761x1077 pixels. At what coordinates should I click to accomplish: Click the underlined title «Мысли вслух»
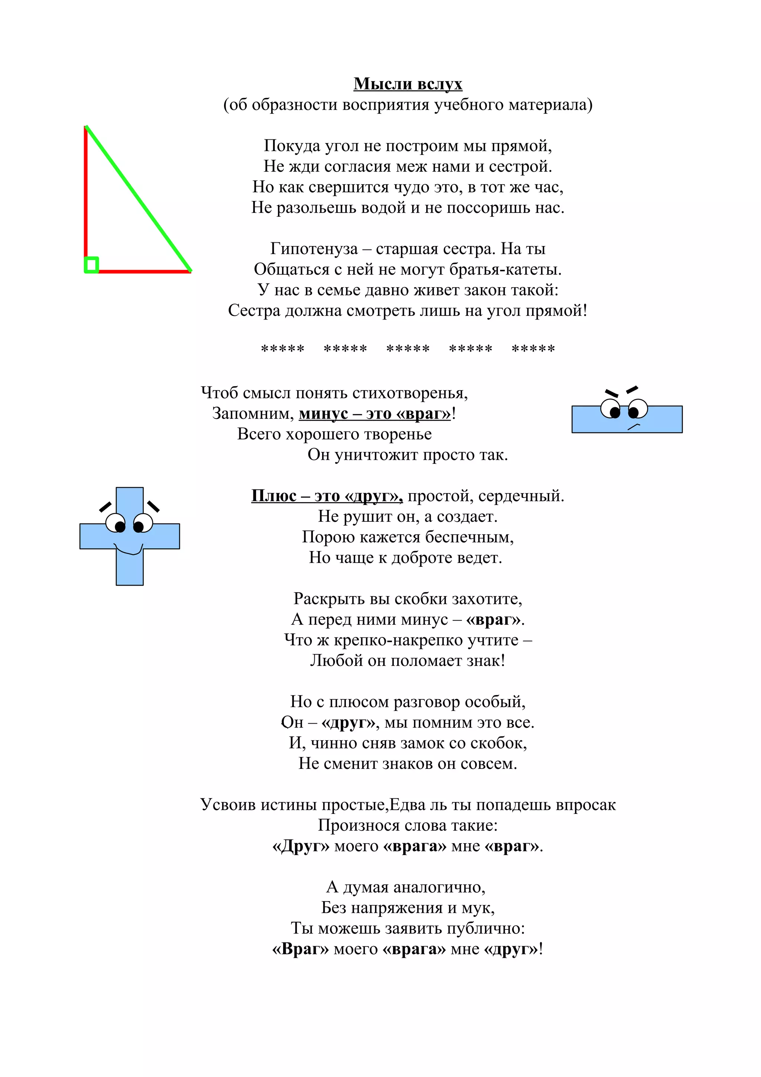pyautogui.click(x=408, y=84)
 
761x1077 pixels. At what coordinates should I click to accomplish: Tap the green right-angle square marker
pyautogui.click(x=91, y=265)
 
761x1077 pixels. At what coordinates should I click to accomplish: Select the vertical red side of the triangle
pyautogui.click(x=86, y=193)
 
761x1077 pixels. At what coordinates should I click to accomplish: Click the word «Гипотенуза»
pyautogui.click(x=314, y=249)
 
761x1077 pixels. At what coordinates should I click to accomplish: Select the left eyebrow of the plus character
pyautogui.click(x=106, y=507)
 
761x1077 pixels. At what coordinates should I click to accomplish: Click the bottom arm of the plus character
pyautogui.click(x=129, y=567)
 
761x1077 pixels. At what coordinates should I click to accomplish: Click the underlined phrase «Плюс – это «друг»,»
pyautogui.click(x=327, y=496)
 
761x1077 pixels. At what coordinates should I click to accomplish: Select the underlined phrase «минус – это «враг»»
pyautogui.click(x=375, y=414)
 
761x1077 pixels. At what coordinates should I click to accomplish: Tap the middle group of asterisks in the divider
pyautogui.click(x=408, y=349)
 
